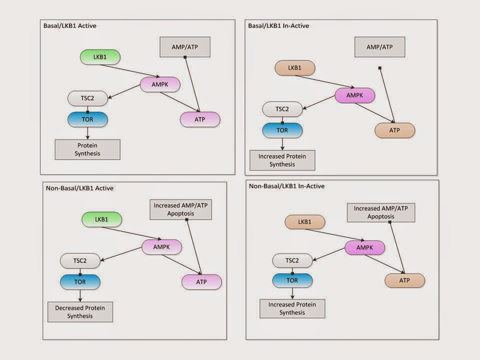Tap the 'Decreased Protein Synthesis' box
point(80,311)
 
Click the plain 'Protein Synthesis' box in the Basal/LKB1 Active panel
point(87,149)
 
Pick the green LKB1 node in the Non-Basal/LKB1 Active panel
point(102,219)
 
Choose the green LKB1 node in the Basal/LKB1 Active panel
point(100,57)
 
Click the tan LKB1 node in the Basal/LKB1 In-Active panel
point(295,68)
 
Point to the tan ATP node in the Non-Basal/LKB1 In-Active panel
point(404,280)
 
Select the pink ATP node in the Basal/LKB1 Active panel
point(200,119)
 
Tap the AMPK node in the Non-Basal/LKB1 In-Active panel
point(365,247)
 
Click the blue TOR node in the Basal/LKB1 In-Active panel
point(282,130)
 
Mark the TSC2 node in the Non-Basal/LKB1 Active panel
point(80,260)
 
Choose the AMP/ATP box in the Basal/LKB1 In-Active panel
point(379,46)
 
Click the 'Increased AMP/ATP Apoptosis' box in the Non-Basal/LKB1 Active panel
point(181,209)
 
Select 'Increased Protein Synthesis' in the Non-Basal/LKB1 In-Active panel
point(292,308)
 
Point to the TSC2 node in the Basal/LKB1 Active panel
point(87,98)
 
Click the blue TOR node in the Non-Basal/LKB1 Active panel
point(80,281)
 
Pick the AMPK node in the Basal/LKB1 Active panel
point(159,84)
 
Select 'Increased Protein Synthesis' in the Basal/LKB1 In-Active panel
point(282,160)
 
